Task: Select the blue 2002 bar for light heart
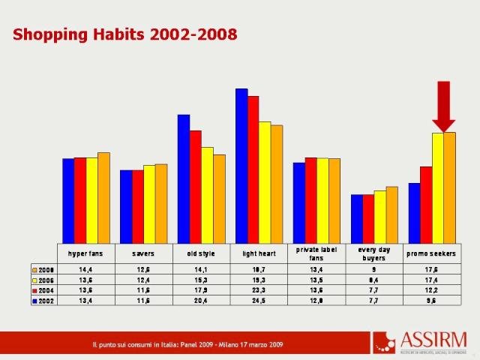coord(241,165)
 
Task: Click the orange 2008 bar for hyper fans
coord(103,197)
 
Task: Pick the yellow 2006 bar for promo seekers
coord(437,187)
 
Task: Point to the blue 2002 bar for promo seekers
coord(414,212)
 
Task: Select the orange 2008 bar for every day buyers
coord(391,214)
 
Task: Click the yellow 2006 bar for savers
coord(149,203)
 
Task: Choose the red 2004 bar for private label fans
coord(310,199)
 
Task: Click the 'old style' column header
coord(201,253)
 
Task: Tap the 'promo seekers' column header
coord(431,253)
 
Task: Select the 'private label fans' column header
coord(316,253)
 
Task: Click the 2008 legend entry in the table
coord(43,269)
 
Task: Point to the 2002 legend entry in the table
coord(43,301)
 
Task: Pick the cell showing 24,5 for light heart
coord(259,301)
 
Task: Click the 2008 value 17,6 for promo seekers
coord(431,269)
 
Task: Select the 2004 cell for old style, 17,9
coord(201,290)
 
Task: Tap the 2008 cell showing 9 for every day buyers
coord(373,269)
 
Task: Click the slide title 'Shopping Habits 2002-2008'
coord(125,34)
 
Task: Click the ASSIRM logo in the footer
coord(420,341)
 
